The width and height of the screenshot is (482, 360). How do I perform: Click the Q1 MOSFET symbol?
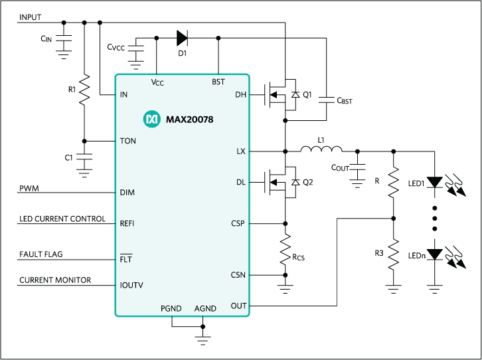pos(281,95)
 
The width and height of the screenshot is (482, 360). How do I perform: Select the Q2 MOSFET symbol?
pos(281,182)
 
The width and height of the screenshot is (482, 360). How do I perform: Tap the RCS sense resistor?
pos(285,247)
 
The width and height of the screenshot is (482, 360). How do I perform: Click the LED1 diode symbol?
pos(434,181)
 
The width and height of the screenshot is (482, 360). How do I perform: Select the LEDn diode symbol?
pos(434,254)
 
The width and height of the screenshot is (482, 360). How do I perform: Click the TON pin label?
pos(127,141)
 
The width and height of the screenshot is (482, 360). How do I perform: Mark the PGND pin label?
pos(171,309)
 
